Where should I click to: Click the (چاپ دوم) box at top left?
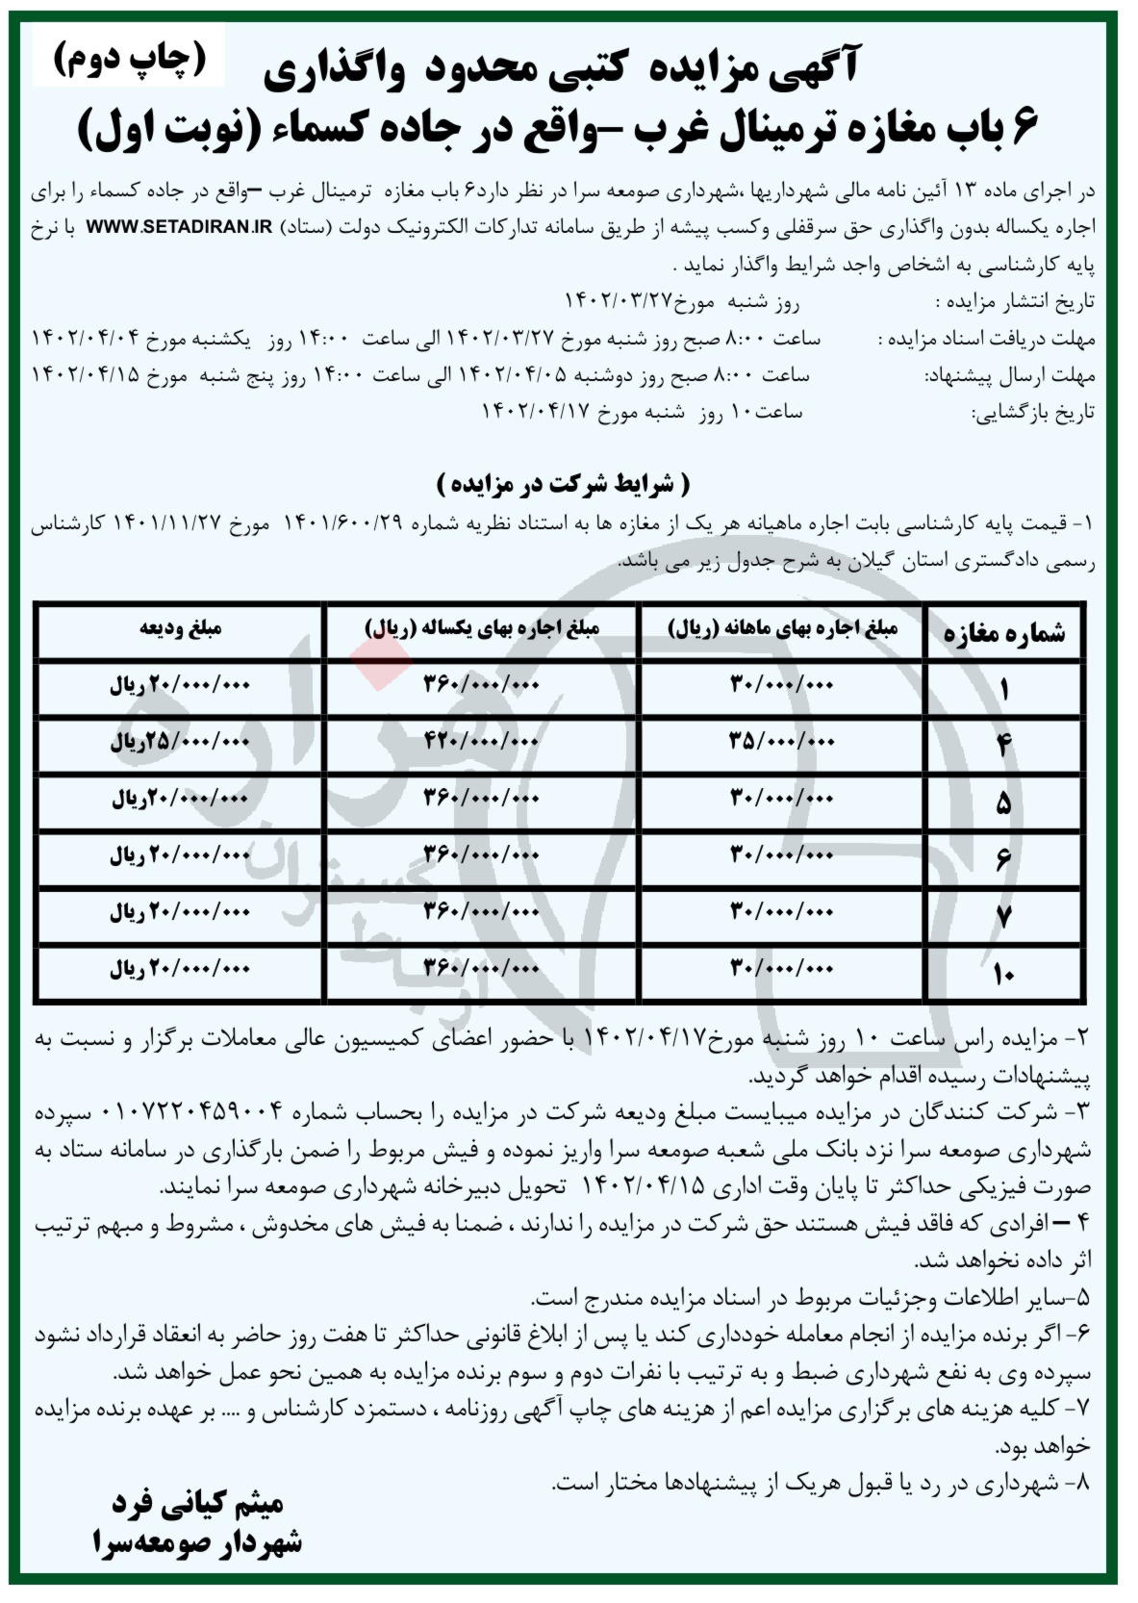[x=130, y=60]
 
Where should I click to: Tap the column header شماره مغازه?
[x=1004, y=633]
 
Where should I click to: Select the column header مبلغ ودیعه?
[x=180, y=628]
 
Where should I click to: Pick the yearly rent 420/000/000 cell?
[x=482, y=742]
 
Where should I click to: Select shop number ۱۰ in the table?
[x=1003, y=975]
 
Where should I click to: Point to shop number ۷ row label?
[x=1003, y=917]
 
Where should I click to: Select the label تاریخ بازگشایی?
[x=1033, y=414]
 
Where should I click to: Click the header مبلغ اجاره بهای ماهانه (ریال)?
[x=782, y=628]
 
